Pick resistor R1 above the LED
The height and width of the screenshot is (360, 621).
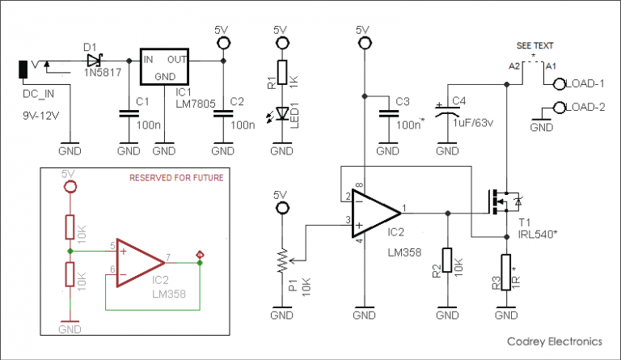281,73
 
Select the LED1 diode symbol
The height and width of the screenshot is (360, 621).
281,114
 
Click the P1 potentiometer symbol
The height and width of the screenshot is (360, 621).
281,260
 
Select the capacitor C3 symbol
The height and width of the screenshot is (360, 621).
387,113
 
